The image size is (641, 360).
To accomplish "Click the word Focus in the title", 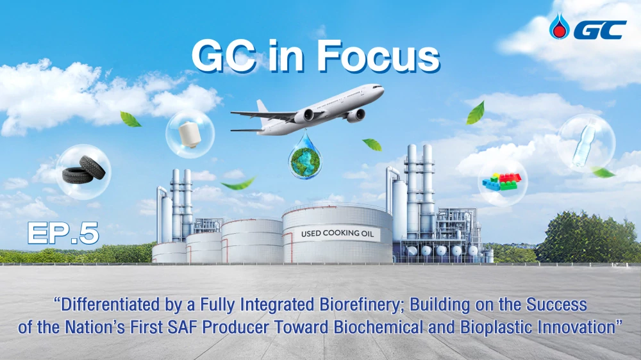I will (x=378, y=57).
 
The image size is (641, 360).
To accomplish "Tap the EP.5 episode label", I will (x=63, y=234).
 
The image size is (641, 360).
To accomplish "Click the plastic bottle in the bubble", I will (x=585, y=143).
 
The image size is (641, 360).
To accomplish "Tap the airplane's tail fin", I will (x=263, y=107).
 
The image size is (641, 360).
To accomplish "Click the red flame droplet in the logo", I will (x=559, y=26).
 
